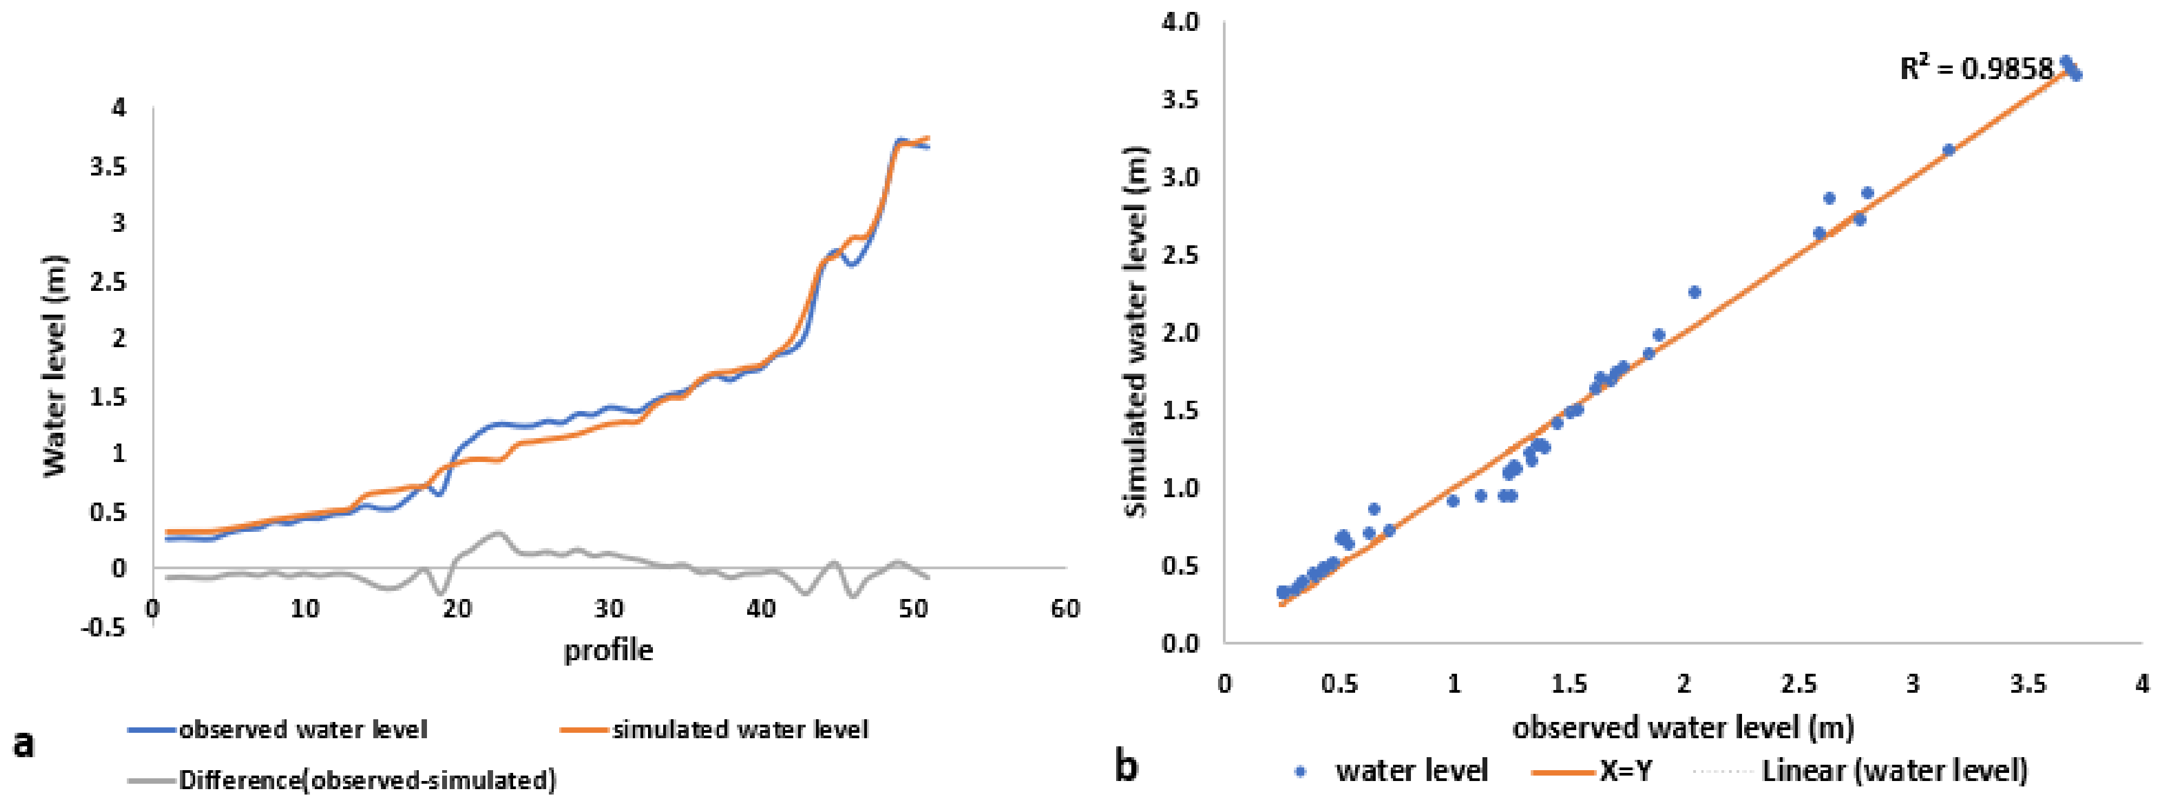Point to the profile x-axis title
[x=608, y=650]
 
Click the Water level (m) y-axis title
[x=55, y=367]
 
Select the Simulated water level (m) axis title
[x=1135, y=331]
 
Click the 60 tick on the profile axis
[x=1065, y=608]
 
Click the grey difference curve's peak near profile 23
[x=497, y=532]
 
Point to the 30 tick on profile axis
[x=609, y=608]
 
